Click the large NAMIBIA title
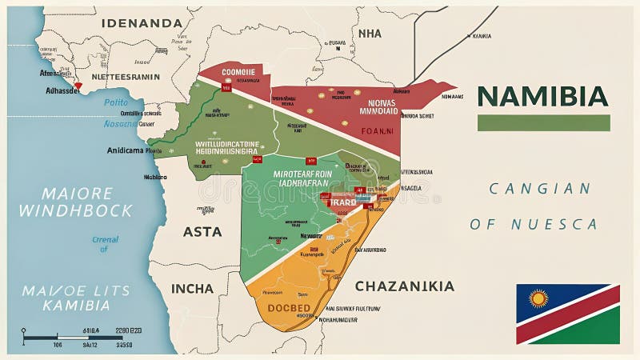(542, 96)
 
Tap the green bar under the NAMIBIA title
(543, 123)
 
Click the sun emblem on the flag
(538, 299)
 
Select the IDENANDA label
(142, 22)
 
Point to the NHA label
(370, 34)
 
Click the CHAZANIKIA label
(404, 286)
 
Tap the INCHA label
(192, 288)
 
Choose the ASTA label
(202, 232)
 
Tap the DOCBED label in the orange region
(288, 308)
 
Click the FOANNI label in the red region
(377, 130)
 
